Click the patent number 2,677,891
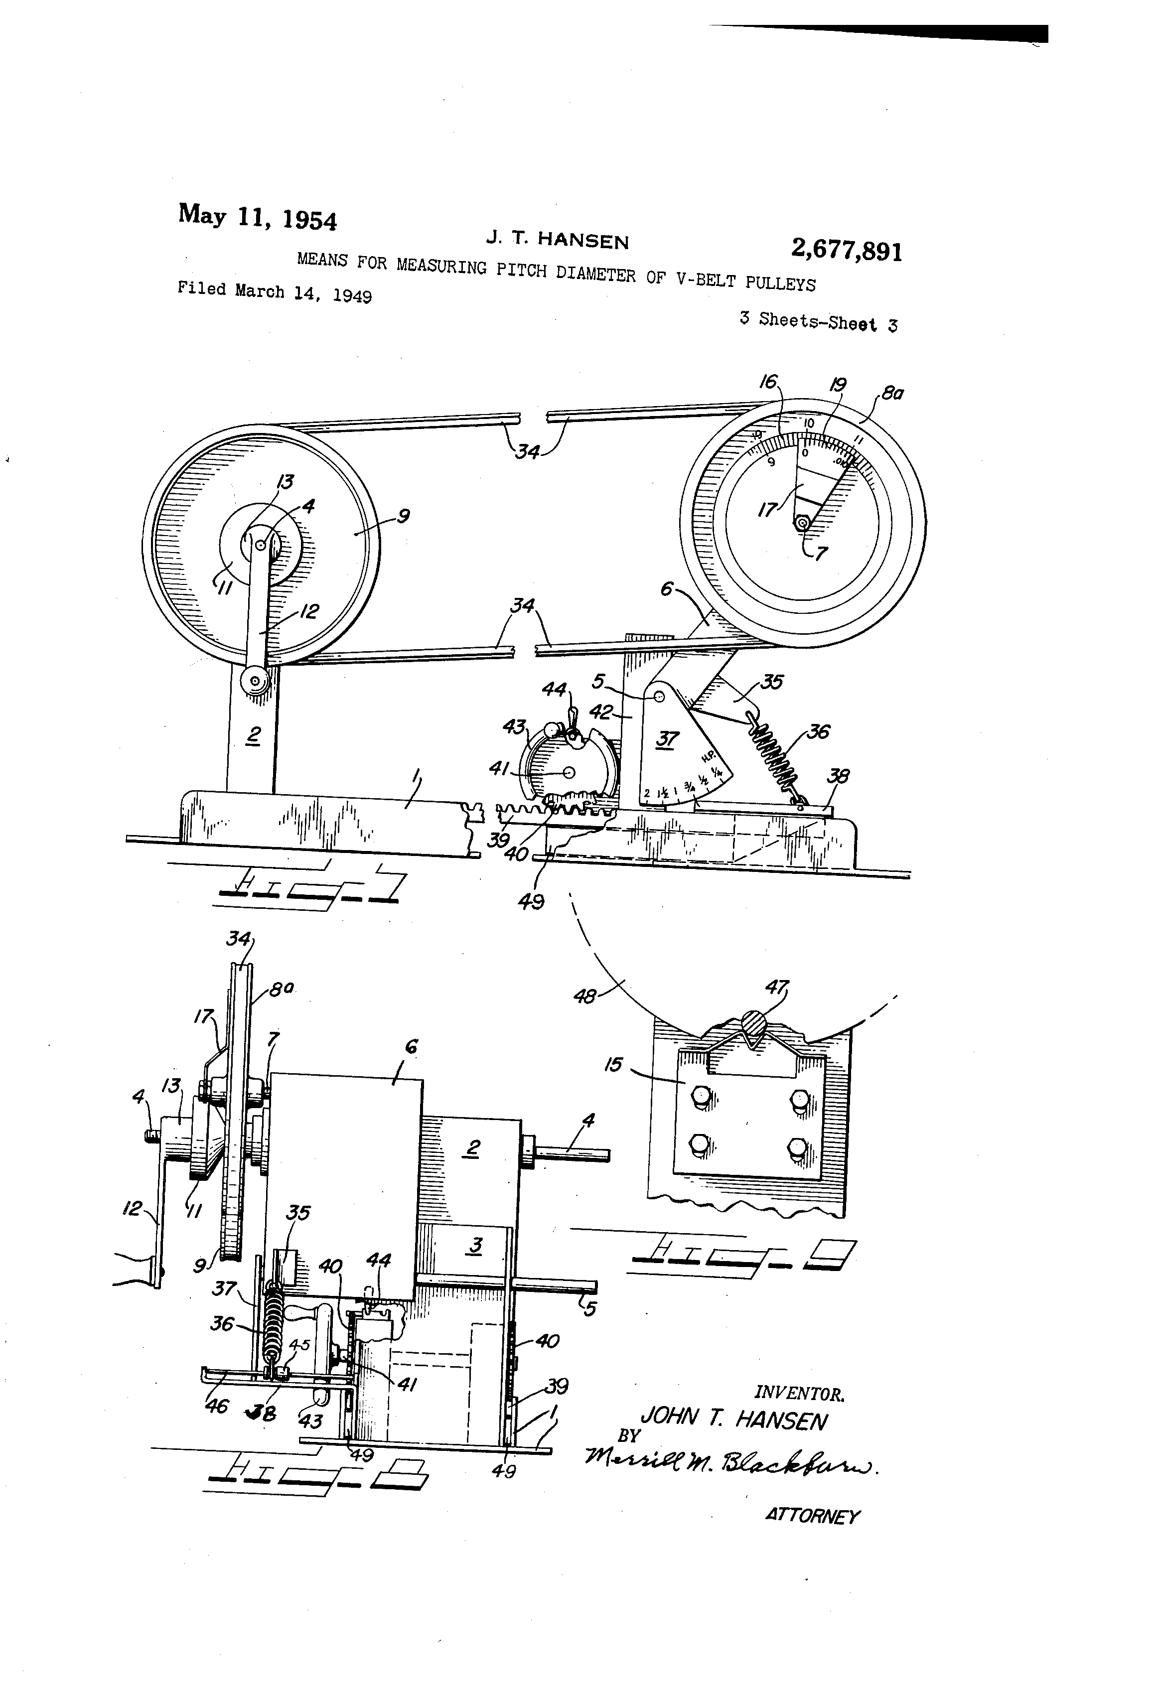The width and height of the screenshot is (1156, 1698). pos(846,251)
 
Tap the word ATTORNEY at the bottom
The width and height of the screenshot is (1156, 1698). pos(812,1516)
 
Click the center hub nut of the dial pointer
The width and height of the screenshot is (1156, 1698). pos(802,523)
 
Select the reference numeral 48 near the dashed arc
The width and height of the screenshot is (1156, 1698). pos(584,996)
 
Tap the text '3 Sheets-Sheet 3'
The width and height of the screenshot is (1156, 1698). pos(818,321)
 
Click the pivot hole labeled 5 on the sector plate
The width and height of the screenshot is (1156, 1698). pos(658,697)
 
